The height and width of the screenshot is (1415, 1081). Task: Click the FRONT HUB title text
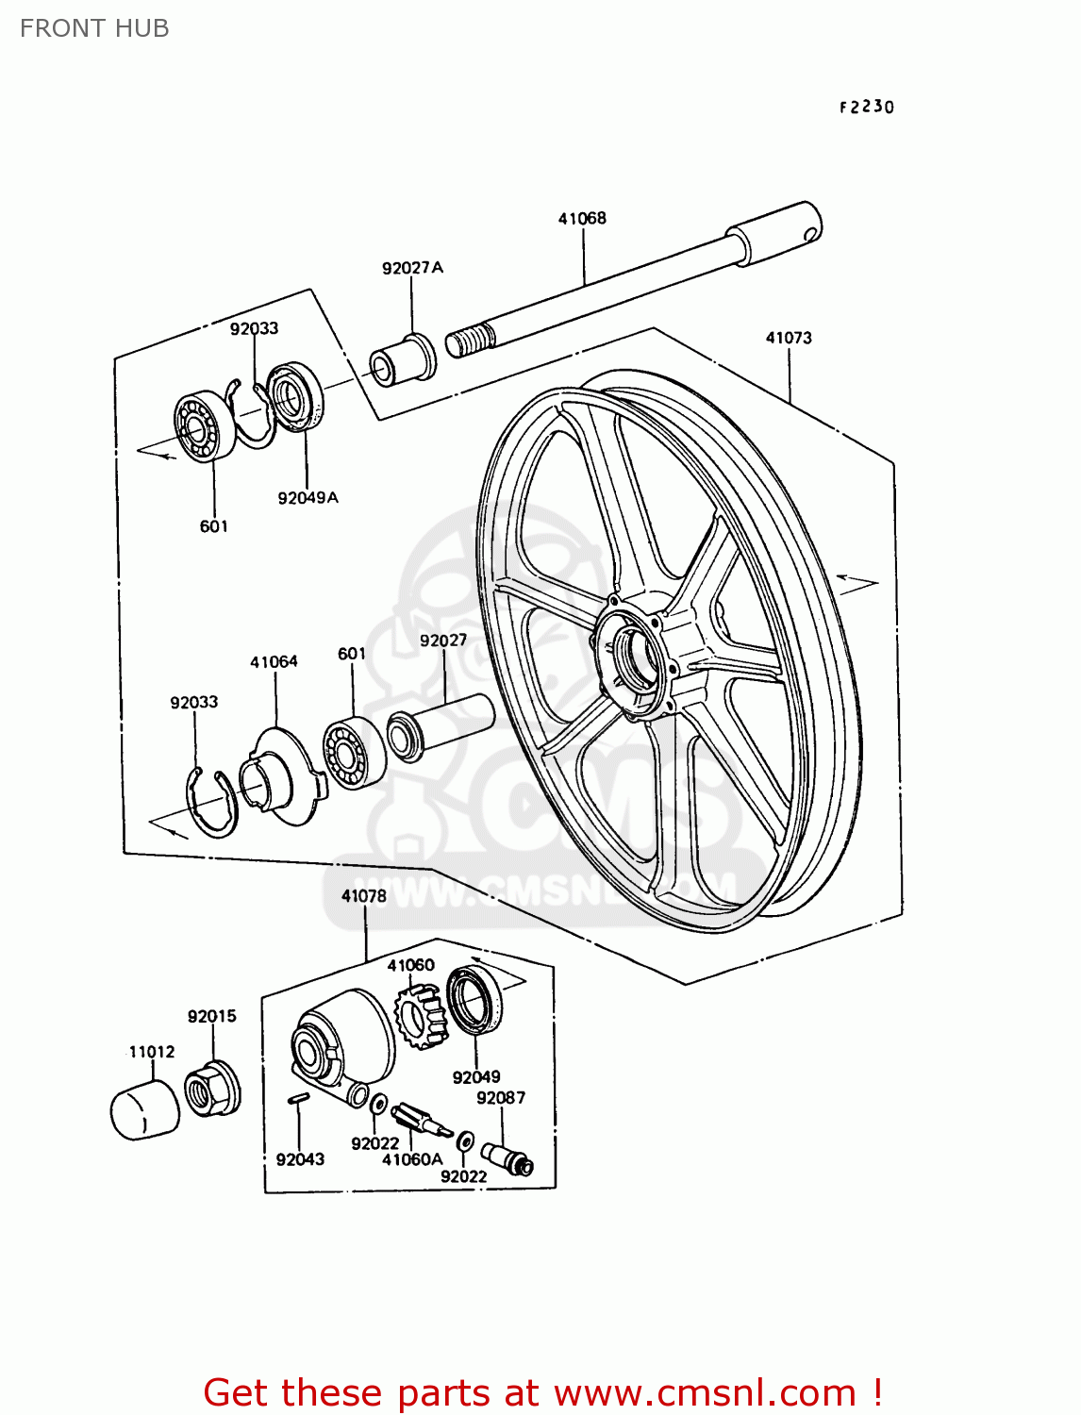click(x=94, y=28)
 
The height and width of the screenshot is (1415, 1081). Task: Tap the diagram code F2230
click(x=866, y=107)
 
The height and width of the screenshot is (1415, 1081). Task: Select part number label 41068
click(x=582, y=218)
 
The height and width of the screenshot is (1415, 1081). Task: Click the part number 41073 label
click(x=789, y=338)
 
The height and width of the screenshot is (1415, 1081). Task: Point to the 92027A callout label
click(x=412, y=268)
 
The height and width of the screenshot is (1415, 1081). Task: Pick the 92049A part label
click(x=308, y=497)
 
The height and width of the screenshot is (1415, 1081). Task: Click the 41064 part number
click(x=274, y=662)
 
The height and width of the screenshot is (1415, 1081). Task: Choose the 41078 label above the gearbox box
click(x=364, y=896)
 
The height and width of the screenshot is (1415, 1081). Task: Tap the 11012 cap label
click(x=152, y=1051)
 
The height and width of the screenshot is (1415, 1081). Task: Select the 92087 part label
click(x=501, y=1098)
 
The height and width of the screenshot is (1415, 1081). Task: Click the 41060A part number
click(x=412, y=1159)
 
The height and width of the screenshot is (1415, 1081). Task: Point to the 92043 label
click(x=300, y=1159)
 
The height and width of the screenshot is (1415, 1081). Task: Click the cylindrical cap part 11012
click(x=144, y=1111)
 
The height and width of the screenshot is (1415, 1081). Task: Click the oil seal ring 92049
click(x=474, y=1000)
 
